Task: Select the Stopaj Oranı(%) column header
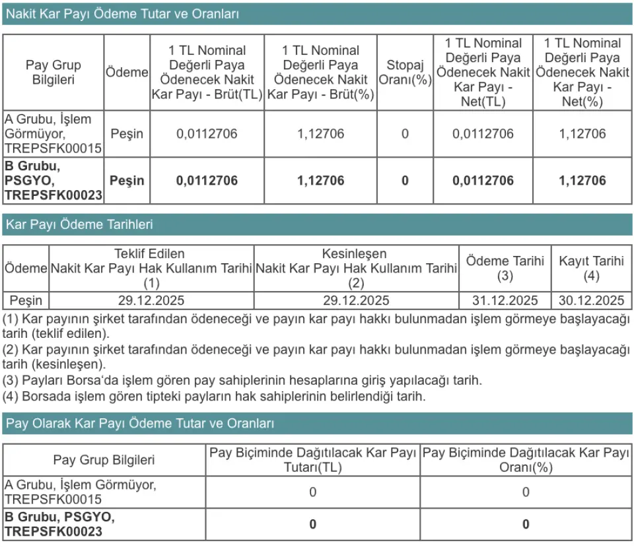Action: (x=405, y=73)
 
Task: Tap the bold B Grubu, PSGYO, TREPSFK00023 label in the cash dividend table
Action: (x=53, y=180)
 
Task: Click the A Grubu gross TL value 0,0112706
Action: (x=207, y=134)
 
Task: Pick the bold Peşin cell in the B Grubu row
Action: (x=127, y=181)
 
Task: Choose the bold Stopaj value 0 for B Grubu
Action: (x=405, y=181)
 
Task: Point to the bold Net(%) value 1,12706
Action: (x=582, y=181)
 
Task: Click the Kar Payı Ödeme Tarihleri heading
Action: (x=79, y=224)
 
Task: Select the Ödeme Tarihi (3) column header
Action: (x=505, y=267)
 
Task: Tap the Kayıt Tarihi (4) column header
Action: (x=591, y=267)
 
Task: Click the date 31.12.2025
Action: (x=505, y=301)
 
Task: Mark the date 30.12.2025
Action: (x=591, y=301)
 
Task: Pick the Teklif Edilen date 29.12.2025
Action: (x=151, y=301)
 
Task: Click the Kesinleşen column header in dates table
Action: (x=356, y=269)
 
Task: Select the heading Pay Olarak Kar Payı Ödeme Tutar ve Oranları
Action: (x=139, y=424)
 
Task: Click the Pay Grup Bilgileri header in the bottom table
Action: (x=104, y=460)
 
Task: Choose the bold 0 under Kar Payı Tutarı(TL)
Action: (x=312, y=525)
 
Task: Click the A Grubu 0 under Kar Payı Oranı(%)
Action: (x=526, y=492)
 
